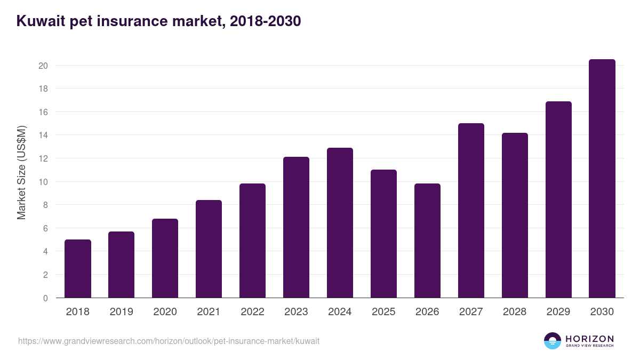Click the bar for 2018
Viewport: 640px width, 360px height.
tap(78, 269)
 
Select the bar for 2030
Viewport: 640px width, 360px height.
tap(602, 179)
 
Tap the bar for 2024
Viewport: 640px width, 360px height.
tap(340, 223)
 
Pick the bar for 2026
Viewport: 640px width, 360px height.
tap(427, 241)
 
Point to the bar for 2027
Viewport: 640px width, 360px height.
tap(471, 211)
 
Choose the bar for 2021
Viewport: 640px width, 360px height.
tap(209, 249)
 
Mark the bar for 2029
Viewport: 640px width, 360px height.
tap(558, 199)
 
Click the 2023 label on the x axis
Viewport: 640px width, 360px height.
tap(296, 312)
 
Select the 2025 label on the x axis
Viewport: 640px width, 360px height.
tap(383, 312)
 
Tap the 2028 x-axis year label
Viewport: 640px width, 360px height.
tap(515, 312)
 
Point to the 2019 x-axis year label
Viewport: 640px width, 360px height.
tap(121, 312)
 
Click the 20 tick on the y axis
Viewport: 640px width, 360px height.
tap(43, 66)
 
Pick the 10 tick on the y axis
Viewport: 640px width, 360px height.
tap(43, 182)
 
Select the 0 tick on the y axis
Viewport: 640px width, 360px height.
tap(45, 298)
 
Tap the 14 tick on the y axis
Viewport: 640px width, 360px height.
tap(43, 135)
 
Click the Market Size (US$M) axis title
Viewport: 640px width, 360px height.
tap(21, 173)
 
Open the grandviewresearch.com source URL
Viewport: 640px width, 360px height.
tap(169, 341)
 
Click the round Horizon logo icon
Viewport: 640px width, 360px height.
tap(553, 341)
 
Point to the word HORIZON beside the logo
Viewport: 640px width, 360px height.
tap(589, 339)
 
